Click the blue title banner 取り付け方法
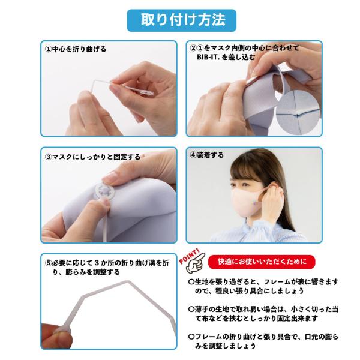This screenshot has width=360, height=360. click(182, 20)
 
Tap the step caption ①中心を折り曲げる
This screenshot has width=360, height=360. click(76, 49)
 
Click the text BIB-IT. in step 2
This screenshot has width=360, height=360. click(208, 57)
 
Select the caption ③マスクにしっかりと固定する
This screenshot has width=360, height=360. click(92, 157)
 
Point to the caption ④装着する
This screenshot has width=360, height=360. click(206, 155)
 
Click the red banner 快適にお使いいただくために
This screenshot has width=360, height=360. click(262, 262)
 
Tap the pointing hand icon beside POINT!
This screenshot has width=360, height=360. click(195, 264)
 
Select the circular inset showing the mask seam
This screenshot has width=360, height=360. click(298, 112)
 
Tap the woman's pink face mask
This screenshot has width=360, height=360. click(247, 202)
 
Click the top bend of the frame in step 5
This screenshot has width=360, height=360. click(128, 281)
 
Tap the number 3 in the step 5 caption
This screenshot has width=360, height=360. click(97, 263)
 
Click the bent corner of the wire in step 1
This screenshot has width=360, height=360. click(94, 82)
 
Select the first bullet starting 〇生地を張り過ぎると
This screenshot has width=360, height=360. click(263, 286)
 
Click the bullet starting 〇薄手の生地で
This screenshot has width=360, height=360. click(263, 314)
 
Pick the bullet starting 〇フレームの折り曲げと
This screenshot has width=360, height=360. click(263, 341)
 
